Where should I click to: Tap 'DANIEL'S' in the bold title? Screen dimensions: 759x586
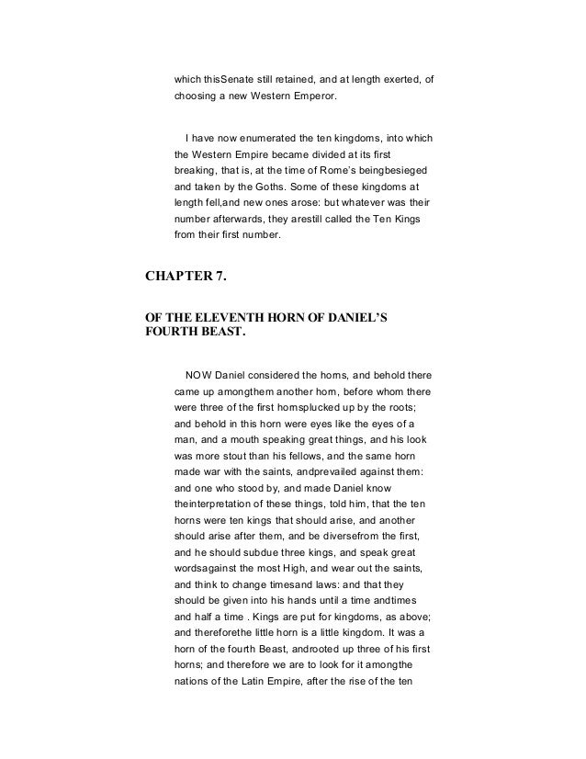tap(354, 321)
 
